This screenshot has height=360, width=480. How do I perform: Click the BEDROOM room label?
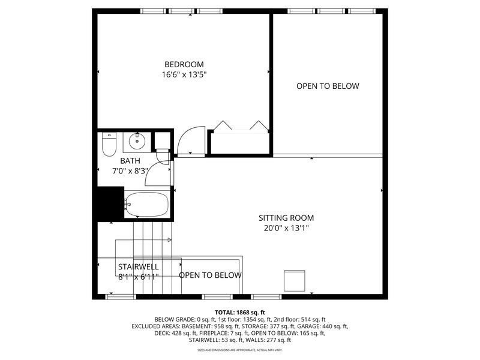(x=184, y=65)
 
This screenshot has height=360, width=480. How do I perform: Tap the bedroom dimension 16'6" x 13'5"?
(x=184, y=75)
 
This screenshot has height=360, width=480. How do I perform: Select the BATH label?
(x=130, y=161)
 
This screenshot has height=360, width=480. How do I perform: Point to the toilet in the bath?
(x=109, y=144)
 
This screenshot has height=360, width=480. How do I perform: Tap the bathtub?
(x=148, y=204)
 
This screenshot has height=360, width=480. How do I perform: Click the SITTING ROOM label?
(x=286, y=218)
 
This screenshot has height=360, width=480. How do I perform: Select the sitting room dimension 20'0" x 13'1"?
(x=286, y=228)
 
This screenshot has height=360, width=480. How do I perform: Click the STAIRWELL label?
(x=139, y=266)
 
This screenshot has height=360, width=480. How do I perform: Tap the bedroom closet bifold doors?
(x=240, y=126)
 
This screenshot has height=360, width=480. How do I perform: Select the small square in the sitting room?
(x=295, y=280)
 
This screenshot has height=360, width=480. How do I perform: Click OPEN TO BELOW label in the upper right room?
(x=328, y=86)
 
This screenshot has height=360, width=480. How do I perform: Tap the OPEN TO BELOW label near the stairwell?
(x=210, y=275)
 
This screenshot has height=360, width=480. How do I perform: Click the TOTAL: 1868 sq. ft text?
(x=240, y=313)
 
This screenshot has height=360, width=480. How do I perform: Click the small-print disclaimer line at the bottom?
(x=240, y=350)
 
